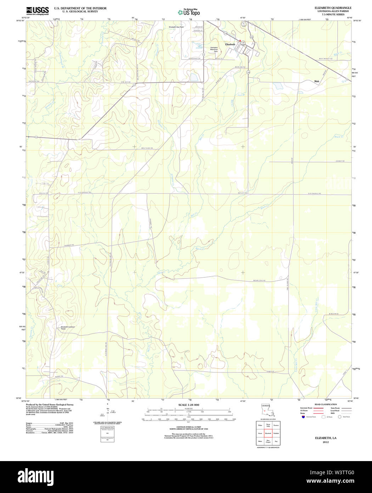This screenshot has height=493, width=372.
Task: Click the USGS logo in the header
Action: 37,11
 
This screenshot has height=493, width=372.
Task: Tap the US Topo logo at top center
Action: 189,12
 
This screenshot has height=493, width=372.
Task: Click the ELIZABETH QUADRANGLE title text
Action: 333,8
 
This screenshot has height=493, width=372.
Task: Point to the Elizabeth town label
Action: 230,44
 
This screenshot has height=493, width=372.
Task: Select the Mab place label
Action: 316,81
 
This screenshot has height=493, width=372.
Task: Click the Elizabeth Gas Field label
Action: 176,27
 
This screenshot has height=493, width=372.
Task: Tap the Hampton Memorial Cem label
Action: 214,49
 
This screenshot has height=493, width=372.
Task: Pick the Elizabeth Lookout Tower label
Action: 68,328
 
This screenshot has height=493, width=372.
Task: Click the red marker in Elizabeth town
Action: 240,41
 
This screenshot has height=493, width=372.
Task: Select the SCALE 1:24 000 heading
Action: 188,405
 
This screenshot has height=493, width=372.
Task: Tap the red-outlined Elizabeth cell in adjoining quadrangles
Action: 268,433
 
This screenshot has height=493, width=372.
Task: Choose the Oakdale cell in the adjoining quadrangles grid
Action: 276,433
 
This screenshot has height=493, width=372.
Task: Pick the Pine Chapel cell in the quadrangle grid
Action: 268,442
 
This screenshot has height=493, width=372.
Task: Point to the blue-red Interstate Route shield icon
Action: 303,417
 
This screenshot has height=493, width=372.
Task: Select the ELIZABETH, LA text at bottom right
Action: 326,438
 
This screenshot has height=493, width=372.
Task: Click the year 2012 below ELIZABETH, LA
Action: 326,442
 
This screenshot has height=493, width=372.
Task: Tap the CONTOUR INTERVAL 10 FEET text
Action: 188,427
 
